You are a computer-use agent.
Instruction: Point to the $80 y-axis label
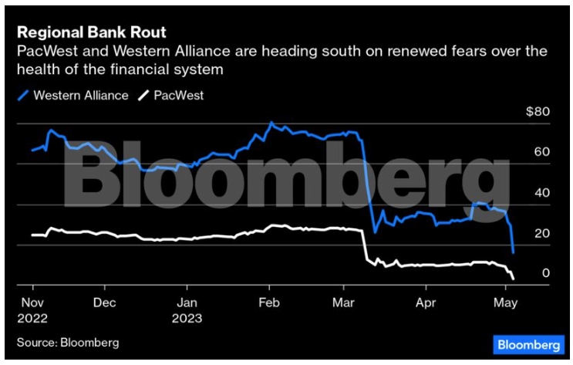(x=538, y=112)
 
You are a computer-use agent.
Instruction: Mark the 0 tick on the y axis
(x=544, y=273)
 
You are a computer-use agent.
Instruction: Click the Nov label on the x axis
(x=32, y=302)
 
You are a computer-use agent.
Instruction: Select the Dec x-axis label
(x=105, y=302)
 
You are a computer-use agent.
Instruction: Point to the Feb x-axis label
(x=268, y=302)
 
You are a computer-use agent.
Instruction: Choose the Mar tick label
(x=343, y=302)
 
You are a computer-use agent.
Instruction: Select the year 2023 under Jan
(x=189, y=317)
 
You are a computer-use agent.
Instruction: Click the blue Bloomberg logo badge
(x=528, y=344)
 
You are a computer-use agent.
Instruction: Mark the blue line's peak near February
(x=271, y=123)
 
